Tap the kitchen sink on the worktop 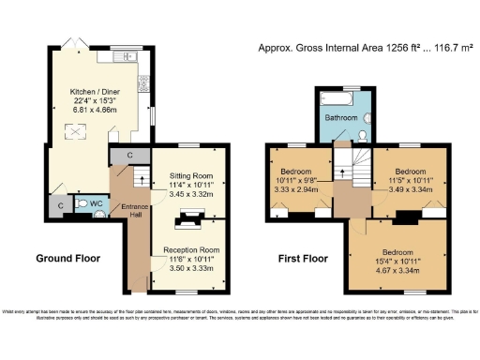click(x=127, y=59)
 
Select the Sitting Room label click(x=186, y=175)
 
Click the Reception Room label click(x=190, y=251)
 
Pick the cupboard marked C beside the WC click(x=60, y=205)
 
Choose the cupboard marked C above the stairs click(x=128, y=155)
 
